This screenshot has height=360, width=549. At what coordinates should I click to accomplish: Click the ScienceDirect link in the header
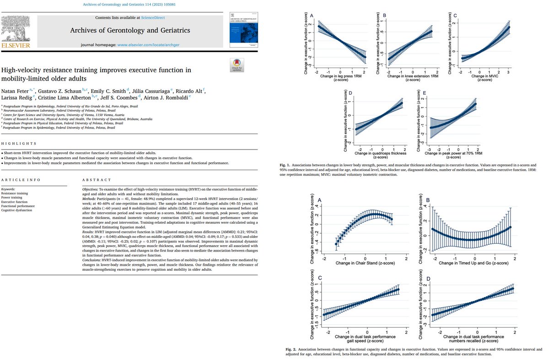pos(151,17)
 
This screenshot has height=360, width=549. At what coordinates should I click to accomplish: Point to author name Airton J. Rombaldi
pos(169,98)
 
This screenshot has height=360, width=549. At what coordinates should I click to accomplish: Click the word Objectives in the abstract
pos(92,189)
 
